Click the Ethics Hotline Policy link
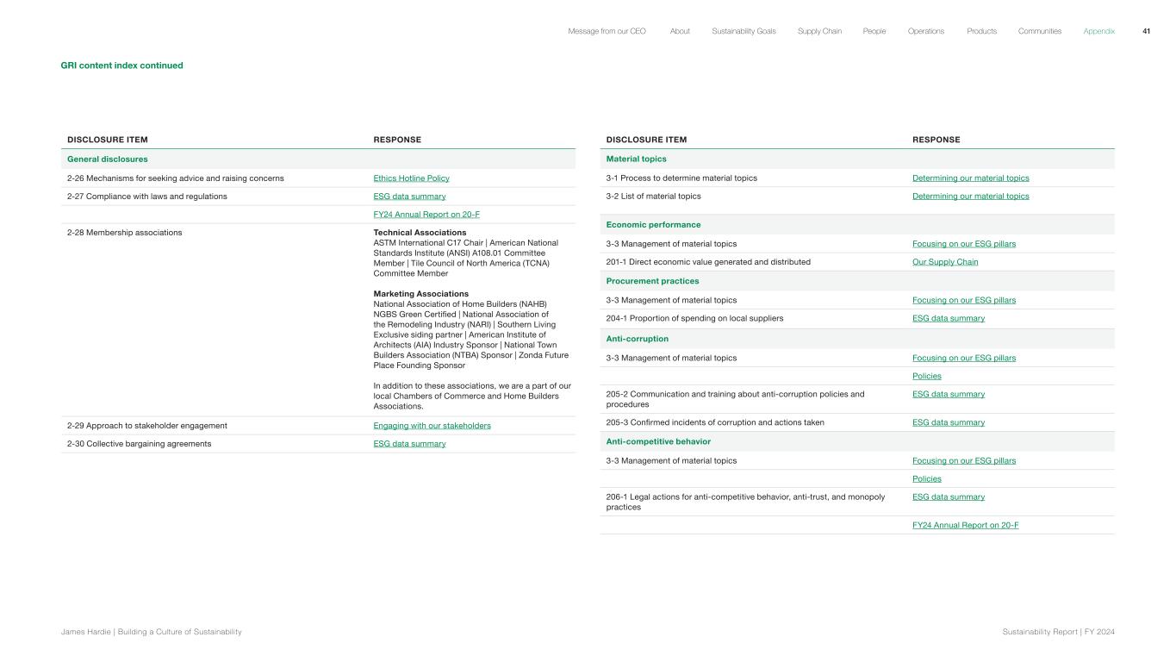[411, 178]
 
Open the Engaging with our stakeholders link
[432, 426]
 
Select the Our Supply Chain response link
[945, 262]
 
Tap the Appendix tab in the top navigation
[1098, 31]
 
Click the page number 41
[1146, 31]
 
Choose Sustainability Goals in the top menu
[743, 31]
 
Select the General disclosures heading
[107, 159]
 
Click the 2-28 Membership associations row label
[124, 233]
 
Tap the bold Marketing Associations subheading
[420, 294]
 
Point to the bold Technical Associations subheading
[420, 233]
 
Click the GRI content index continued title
[121, 66]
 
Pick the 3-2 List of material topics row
[653, 197]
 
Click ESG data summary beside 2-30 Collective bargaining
[409, 444]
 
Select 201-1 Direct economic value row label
[708, 262]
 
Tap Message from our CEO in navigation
[607, 31]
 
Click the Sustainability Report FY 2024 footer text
[1058, 632]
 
